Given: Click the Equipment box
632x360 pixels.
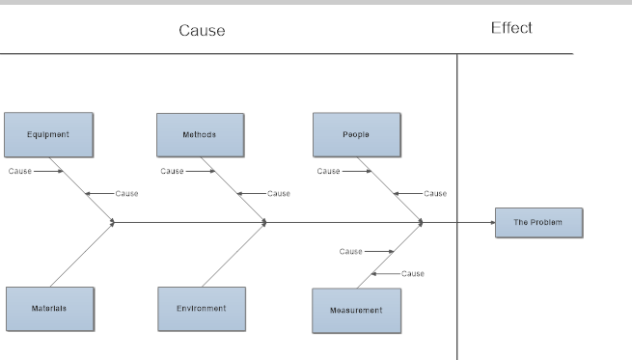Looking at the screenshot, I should [x=47, y=134].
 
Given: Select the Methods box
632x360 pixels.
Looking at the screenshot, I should [x=200, y=134].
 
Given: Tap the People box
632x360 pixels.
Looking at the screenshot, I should [x=356, y=134].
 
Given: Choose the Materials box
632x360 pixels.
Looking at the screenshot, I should [x=49, y=308].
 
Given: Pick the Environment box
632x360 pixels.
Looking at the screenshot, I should [x=202, y=308].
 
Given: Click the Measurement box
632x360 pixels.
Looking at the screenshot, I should [x=356, y=310].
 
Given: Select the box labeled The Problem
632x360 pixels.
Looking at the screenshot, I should [x=538, y=222].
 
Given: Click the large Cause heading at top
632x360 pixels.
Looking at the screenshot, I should [x=202, y=30].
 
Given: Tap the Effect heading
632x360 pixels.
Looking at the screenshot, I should [x=511, y=28].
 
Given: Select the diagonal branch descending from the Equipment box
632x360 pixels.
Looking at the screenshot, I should [x=81, y=188].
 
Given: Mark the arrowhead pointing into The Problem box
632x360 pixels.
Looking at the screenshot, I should [x=491, y=222].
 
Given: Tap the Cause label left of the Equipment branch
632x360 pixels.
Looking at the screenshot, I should [x=19, y=171].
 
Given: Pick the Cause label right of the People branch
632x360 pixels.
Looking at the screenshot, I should [x=435, y=193].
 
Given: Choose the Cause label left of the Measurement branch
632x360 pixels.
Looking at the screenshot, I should [x=350, y=251].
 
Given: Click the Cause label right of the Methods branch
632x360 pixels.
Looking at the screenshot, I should [x=279, y=193].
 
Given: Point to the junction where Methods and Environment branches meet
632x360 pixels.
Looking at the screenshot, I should [x=265, y=222].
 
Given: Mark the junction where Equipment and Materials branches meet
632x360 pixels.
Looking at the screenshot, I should [x=114, y=222].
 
